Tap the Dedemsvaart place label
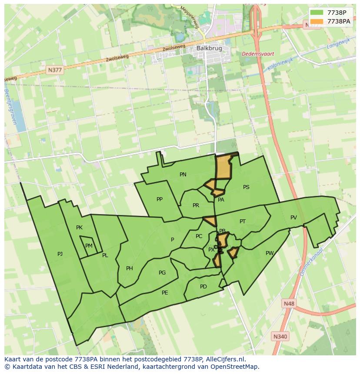click(x=258, y=54)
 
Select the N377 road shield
click(x=55, y=70)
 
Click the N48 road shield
click(x=288, y=303)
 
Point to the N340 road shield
click(x=280, y=336)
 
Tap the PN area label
click(x=183, y=175)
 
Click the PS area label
click(x=246, y=187)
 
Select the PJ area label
click(x=60, y=254)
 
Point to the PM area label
click(x=89, y=246)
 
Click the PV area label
click(x=293, y=218)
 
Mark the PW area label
click(x=270, y=253)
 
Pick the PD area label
click(x=203, y=287)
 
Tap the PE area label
click(x=165, y=293)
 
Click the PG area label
click(x=162, y=273)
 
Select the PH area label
click(x=130, y=268)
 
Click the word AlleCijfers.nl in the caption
click(x=225, y=359)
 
